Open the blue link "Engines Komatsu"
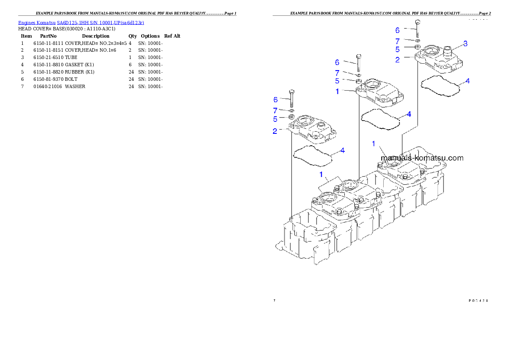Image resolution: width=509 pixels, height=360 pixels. pos(37,22)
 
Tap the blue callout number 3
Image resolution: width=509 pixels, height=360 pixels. pos(465,44)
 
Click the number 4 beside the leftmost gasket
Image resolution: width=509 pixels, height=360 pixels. pos(343,150)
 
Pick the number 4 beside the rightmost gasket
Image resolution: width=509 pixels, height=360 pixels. pos(468,80)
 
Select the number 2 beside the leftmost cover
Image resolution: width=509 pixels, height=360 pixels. pos(275,131)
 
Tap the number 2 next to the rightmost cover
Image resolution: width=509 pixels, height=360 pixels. pos(397,60)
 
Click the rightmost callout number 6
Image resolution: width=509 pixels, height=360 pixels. pos(397,30)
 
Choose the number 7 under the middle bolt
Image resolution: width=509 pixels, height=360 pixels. pos(337,73)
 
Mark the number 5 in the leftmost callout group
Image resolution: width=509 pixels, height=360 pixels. pos(275,119)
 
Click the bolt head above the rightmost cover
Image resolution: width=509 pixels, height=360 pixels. pos(418,22)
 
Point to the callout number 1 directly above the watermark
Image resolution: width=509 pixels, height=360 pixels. pos(373,144)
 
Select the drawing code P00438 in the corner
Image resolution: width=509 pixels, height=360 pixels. pos(479,300)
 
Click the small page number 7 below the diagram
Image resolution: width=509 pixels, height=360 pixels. pos(274,300)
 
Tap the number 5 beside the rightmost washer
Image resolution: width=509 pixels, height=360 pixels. pos(397,49)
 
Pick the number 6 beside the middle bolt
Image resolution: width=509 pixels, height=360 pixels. pos(337,62)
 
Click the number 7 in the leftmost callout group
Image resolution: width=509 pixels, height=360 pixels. pos(275,110)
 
